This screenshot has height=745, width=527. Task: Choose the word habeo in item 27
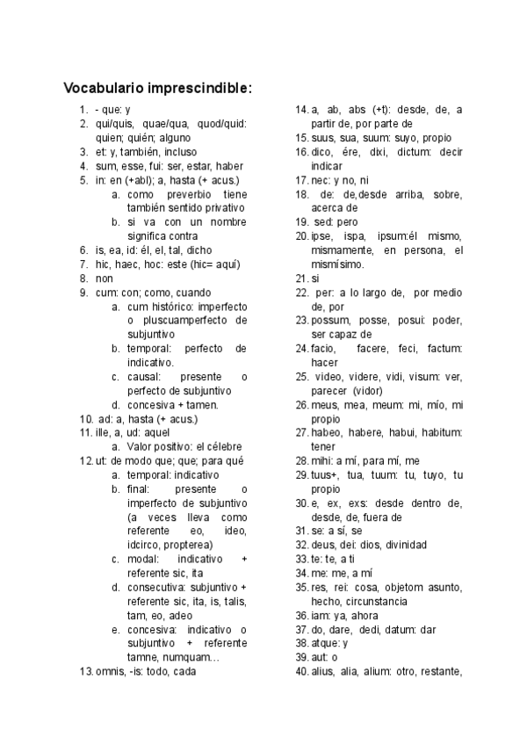pos(325,433)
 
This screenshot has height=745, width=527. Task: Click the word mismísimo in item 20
pos(337,264)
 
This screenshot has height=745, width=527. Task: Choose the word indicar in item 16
pos(326,166)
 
